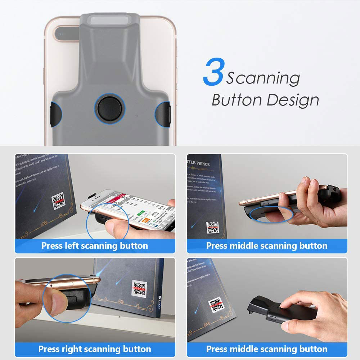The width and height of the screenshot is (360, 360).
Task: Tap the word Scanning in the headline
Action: click(x=263, y=78)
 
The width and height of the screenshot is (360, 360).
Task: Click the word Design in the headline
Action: click(x=295, y=100)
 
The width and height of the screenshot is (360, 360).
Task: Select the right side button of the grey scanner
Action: click(x=163, y=114)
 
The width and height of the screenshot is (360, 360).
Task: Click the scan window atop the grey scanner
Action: click(x=110, y=20)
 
